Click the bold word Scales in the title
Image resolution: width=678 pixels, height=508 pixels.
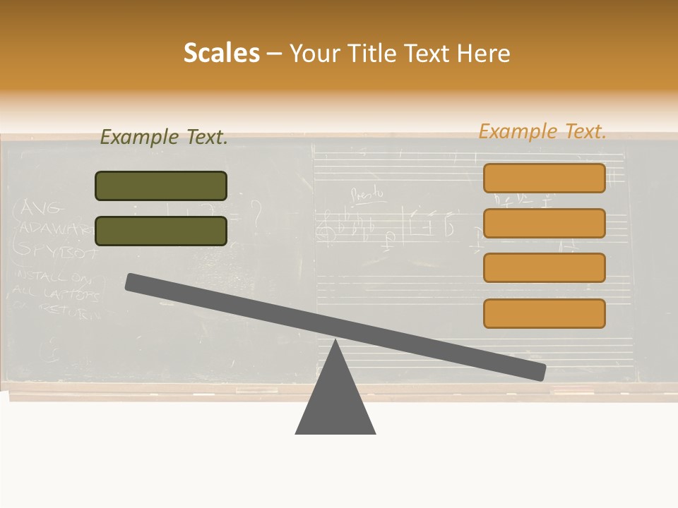pyautogui.click(x=221, y=53)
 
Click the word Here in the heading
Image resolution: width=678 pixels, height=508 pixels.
pyautogui.click(x=484, y=54)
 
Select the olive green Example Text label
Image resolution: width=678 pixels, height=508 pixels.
pyautogui.click(x=164, y=137)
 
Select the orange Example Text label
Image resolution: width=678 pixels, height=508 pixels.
pyautogui.click(x=542, y=131)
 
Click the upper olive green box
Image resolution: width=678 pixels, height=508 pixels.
pyautogui.click(x=161, y=186)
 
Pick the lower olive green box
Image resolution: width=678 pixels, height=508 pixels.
pyautogui.click(x=161, y=231)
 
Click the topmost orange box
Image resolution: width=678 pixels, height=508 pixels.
pyautogui.click(x=544, y=178)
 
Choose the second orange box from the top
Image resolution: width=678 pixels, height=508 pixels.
pyautogui.click(x=544, y=223)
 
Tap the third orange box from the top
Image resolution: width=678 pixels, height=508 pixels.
pyautogui.click(x=544, y=267)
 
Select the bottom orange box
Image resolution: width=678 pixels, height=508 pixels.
pyautogui.click(x=544, y=313)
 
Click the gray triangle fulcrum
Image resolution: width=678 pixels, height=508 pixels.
pyautogui.click(x=335, y=402)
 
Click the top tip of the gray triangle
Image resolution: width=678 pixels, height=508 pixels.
pyautogui.click(x=335, y=342)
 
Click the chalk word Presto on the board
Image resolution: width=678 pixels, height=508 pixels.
pyautogui.click(x=368, y=192)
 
